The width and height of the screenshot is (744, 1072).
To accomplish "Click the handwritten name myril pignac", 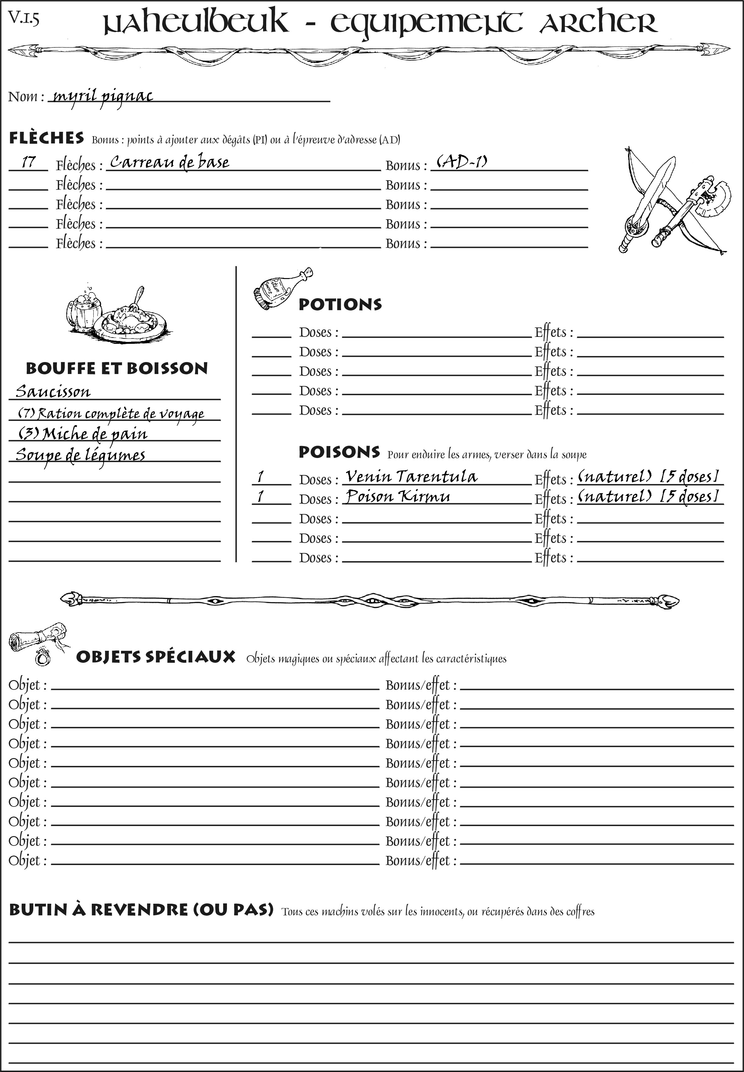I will click(x=102, y=97).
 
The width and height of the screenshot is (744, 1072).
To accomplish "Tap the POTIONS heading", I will click(x=340, y=304).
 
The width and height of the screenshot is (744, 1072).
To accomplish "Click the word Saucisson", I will click(x=53, y=391).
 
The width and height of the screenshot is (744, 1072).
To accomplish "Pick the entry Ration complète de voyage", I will click(x=111, y=413).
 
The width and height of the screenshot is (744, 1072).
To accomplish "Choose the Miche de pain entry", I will click(x=83, y=434).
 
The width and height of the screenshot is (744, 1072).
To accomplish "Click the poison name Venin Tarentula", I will click(x=411, y=476).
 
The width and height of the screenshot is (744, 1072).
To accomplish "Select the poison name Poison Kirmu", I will click(x=398, y=496).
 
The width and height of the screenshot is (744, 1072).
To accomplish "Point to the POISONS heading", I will click(x=339, y=452).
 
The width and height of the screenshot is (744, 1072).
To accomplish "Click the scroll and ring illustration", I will click(x=38, y=643).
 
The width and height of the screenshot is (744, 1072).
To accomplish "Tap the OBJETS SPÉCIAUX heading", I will click(x=155, y=657).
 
